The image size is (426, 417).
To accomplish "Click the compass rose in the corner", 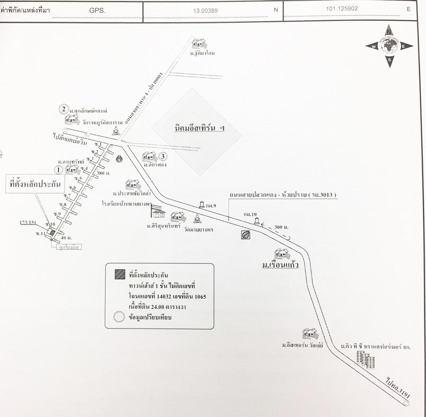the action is [389, 46].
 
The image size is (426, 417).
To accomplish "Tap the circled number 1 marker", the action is [59, 169].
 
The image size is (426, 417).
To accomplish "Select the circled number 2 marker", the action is [63, 109].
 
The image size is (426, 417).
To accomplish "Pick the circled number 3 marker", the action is [163, 156].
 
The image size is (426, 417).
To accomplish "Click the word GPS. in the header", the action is [98, 9].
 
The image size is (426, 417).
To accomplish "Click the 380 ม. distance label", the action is [103, 173].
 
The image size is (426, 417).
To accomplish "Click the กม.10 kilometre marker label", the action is [250, 214].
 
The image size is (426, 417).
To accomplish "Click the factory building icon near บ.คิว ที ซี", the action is [365, 360].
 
